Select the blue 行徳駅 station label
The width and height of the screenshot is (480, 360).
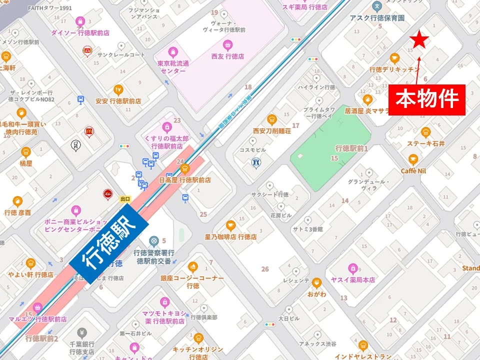[x=109, y=245]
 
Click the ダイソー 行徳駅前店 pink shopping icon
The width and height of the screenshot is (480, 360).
[x=80, y=21]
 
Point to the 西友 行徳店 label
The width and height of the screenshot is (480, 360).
[x=227, y=56]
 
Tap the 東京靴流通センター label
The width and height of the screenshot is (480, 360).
[x=173, y=67]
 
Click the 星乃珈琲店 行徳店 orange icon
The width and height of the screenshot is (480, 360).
[x=230, y=225]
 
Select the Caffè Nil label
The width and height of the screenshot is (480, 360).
[x=413, y=170]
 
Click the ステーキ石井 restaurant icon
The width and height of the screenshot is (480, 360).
[x=425, y=132]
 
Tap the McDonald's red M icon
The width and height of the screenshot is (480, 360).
[x=89, y=131]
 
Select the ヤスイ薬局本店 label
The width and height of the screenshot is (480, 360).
[x=353, y=280]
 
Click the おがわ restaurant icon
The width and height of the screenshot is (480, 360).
[x=316, y=283]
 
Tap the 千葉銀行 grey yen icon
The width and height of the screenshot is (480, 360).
[x=81, y=333]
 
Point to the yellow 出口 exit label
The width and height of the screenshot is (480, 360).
[x=125, y=198]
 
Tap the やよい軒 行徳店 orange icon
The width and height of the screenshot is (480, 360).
[x=30, y=263]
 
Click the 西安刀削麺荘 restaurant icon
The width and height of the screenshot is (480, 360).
[x=271, y=119]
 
